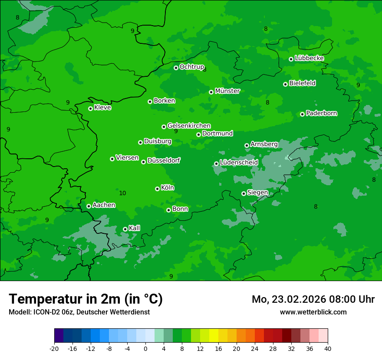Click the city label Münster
tap(227, 91)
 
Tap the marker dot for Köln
tap(157, 189)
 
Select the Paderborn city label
tap(321, 113)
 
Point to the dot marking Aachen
tap(89, 206)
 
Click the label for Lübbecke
tap(309, 58)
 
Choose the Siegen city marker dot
tap(244, 193)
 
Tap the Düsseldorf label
tap(164, 160)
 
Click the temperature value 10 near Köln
tap(122, 193)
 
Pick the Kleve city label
tap(102, 108)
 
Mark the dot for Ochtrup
tap(176, 68)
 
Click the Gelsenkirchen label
tap(189, 126)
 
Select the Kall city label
tap(134, 228)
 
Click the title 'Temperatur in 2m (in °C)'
tap(86, 299)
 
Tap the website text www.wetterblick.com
tap(313, 312)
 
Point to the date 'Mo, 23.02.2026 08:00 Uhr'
tap(313, 299)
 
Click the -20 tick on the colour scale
tap(54, 348)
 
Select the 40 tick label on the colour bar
tap(327, 348)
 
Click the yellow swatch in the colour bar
tap(214, 336)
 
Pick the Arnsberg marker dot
tap(247, 145)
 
